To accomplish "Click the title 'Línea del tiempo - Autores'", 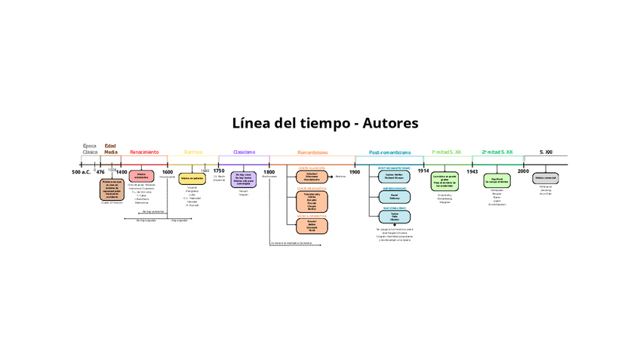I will [x=325, y=122].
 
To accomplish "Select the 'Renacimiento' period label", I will [x=144, y=152].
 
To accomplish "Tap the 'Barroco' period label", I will [x=193, y=152].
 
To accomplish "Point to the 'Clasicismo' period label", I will [x=244, y=152].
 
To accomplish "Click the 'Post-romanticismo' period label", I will [x=390, y=152].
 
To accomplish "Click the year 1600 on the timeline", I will [x=168, y=172].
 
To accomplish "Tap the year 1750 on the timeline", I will [x=219, y=172].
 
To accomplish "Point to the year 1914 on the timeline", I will [x=423, y=172].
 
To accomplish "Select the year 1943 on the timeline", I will [x=472, y=172].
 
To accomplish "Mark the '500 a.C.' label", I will [x=82, y=173].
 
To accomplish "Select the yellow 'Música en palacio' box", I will [x=192, y=180].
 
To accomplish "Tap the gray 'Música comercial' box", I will [x=545, y=178].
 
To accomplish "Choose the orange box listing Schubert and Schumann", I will [x=312, y=177].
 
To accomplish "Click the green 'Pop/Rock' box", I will [x=497, y=180].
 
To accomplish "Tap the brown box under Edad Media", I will [x=111, y=189].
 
